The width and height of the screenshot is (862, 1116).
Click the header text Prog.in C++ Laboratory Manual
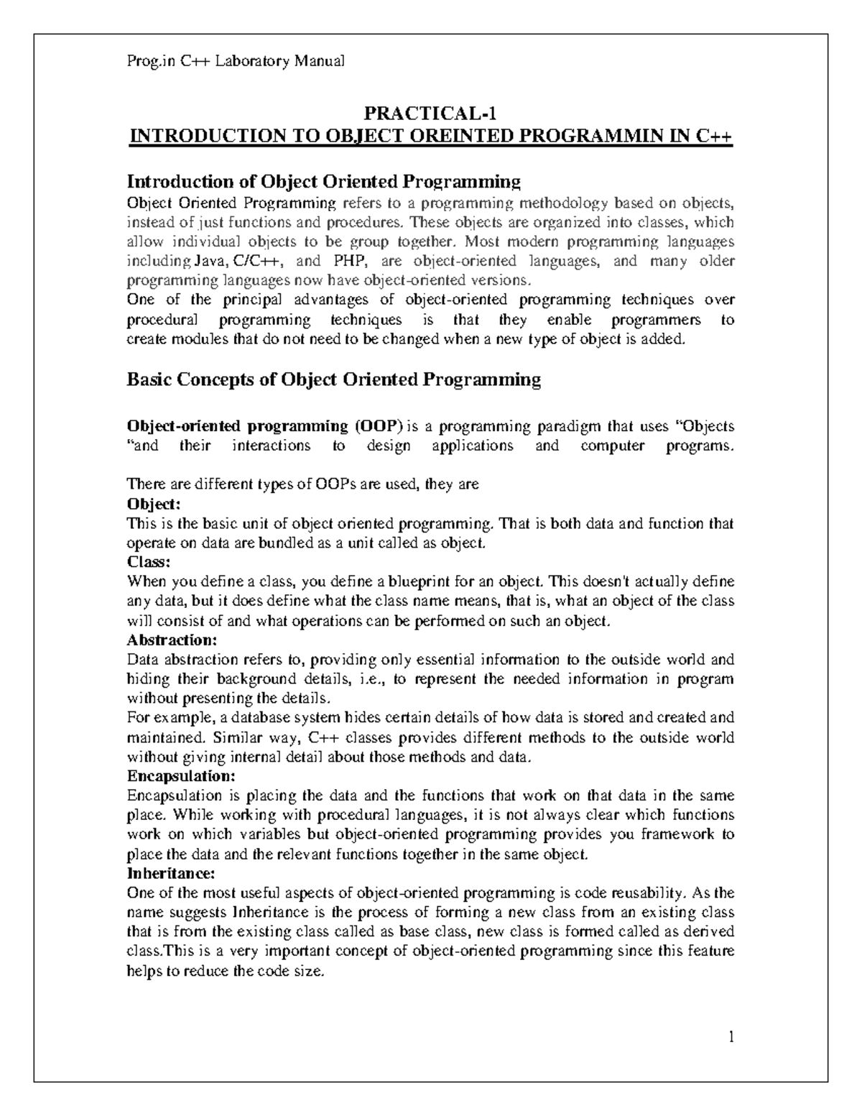(x=236, y=61)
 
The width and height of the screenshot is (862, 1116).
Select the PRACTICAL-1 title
(x=430, y=114)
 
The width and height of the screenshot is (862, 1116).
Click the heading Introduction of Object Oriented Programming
(x=323, y=180)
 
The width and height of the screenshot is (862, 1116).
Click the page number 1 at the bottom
(x=731, y=1037)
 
